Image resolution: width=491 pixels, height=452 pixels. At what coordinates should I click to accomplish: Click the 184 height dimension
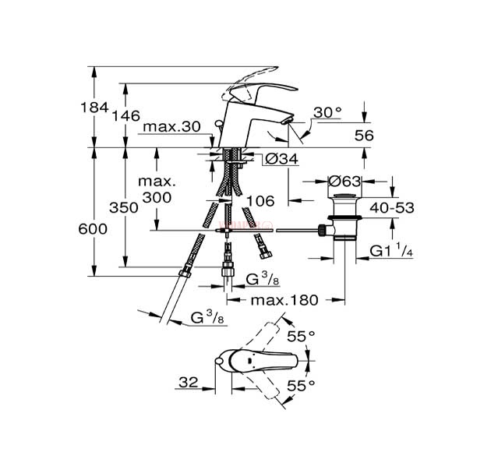pyautogui.click(x=94, y=108)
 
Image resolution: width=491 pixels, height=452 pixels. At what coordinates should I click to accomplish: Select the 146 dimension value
pyautogui.click(x=126, y=116)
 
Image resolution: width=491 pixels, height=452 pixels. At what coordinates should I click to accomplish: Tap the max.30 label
pyautogui.click(x=171, y=127)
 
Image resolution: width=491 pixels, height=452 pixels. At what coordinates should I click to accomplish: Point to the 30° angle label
pyautogui.click(x=328, y=112)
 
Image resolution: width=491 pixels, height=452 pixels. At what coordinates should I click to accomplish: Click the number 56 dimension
pyautogui.click(x=364, y=136)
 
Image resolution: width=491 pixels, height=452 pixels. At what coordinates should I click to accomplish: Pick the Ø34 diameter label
pyautogui.click(x=282, y=159)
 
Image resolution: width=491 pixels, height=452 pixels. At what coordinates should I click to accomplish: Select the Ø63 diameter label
pyautogui.click(x=344, y=182)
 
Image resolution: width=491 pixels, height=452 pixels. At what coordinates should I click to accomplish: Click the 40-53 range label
pyautogui.click(x=392, y=207)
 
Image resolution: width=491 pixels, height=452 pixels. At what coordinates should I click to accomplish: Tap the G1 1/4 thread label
pyautogui.click(x=391, y=250)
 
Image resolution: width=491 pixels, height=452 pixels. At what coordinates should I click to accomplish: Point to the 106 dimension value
pyautogui.click(x=260, y=200)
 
